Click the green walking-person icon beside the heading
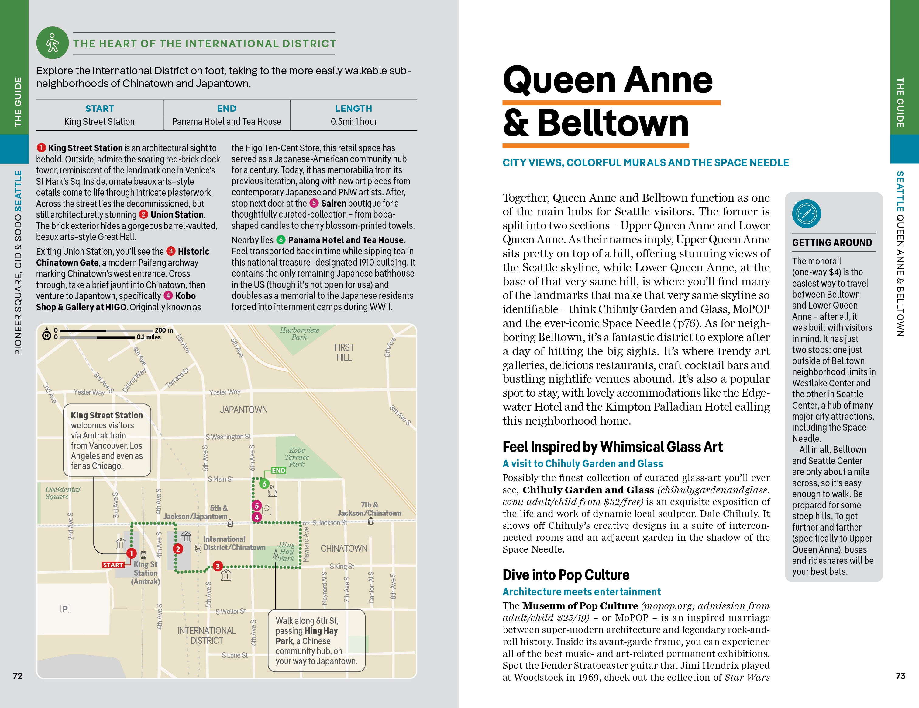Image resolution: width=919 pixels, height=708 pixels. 53,43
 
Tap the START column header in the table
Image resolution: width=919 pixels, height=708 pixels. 100,109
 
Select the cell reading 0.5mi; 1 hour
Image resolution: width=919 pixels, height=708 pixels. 353,122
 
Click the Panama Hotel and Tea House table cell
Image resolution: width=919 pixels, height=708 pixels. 226,122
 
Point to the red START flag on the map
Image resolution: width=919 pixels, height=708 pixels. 113,565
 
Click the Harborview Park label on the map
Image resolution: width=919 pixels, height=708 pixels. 299,333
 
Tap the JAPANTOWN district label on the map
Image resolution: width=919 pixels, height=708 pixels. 244,410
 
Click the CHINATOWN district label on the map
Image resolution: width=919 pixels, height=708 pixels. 344,548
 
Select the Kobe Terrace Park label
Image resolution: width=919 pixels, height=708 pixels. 297,457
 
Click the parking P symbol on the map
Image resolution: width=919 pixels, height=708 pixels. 65,609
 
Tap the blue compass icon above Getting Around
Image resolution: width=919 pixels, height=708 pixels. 806,214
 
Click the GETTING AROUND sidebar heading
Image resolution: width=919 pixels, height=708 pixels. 832,242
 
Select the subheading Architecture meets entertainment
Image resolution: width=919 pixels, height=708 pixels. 582,592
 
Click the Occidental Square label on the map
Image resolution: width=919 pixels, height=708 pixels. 63,493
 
